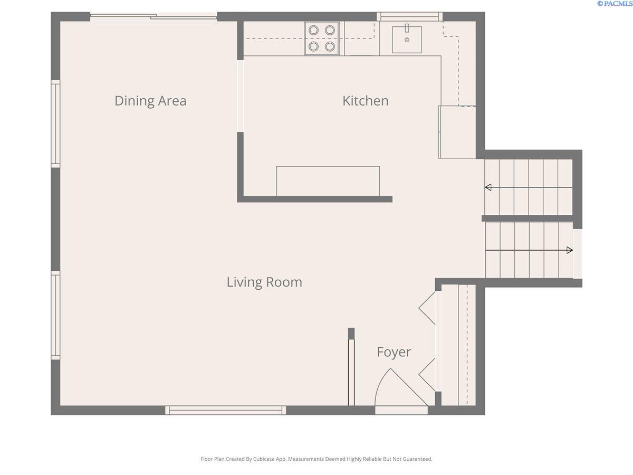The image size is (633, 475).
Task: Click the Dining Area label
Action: tap(150, 101)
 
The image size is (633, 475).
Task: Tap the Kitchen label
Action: tap(366, 101)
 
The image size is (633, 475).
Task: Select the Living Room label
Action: tap(264, 282)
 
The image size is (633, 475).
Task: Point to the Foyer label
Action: tap(394, 352)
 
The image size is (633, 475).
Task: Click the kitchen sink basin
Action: tap(407, 40)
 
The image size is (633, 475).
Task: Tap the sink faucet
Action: tap(407, 28)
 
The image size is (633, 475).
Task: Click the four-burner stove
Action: tap(322, 38)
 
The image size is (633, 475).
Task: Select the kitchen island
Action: tap(328, 181)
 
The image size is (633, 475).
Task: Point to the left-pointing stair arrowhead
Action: tap(488, 187)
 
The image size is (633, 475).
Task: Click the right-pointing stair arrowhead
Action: tap(570, 250)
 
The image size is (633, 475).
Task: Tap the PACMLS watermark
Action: tap(615, 4)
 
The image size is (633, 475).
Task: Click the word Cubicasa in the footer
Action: tap(264, 459)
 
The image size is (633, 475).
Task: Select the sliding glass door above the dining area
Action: tap(154, 16)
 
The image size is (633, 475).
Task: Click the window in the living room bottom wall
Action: tap(226, 410)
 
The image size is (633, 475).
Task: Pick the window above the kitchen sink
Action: tap(409, 16)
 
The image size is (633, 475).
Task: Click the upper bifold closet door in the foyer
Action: tap(427, 308)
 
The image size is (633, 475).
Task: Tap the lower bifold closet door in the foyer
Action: tap(427, 375)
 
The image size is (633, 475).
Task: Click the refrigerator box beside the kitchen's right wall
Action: tap(457, 132)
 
